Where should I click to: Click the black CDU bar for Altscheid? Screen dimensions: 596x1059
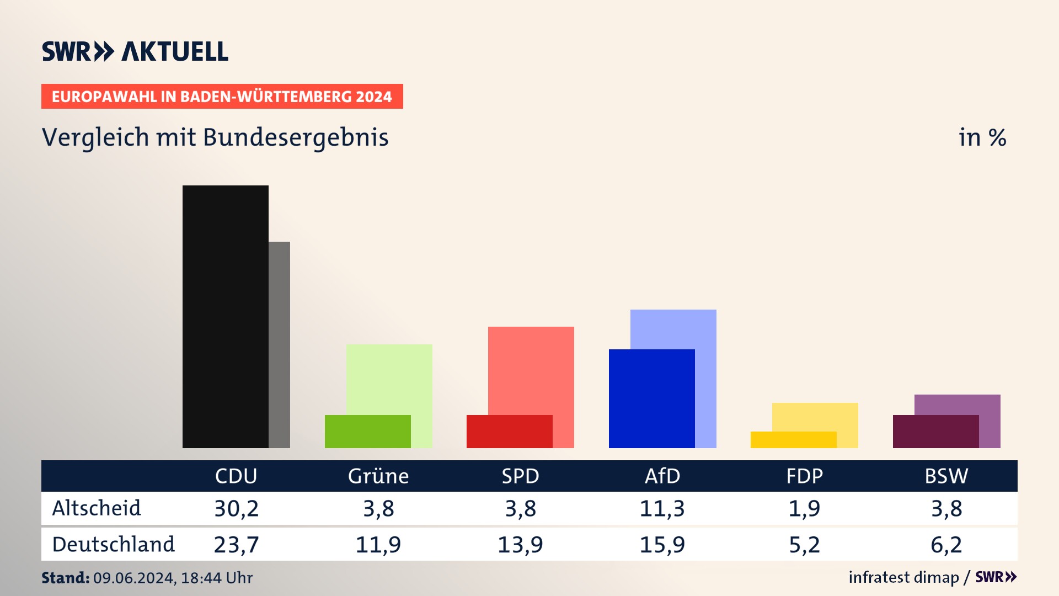pyautogui.click(x=225, y=316)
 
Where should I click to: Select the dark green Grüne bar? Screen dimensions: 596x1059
pyautogui.click(x=367, y=431)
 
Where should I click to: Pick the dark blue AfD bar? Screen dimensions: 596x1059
pyautogui.click(x=651, y=398)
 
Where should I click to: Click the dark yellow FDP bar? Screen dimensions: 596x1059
pyautogui.click(x=793, y=439)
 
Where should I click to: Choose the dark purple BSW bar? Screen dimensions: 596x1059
pyautogui.click(x=935, y=431)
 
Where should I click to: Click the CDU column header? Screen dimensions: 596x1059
pyautogui.click(x=236, y=476)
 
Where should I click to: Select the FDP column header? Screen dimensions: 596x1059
pyautogui.click(x=804, y=476)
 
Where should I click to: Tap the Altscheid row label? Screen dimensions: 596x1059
pyautogui.click(x=97, y=508)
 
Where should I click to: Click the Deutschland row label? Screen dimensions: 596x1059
pyautogui.click(x=113, y=544)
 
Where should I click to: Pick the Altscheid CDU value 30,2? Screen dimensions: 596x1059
pyautogui.click(x=236, y=508)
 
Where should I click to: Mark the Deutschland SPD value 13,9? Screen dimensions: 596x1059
pyautogui.click(x=520, y=545)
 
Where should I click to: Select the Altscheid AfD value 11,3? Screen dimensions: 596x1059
pyautogui.click(x=662, y=508)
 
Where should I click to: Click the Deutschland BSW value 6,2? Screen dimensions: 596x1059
pyautogui.click(x=946, y=545)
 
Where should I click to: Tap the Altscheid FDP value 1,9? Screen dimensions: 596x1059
pyautogui.click(x=804, y=508)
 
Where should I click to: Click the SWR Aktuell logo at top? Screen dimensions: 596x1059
pyautogui.click(x=135, y=51)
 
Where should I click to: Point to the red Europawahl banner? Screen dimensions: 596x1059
pyautogui.click(x=222, y=97)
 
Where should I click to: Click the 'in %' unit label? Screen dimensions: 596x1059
pyautogui.click(x=982, y=137)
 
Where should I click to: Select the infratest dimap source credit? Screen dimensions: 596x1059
pyautogui.click(x=903, y=577)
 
